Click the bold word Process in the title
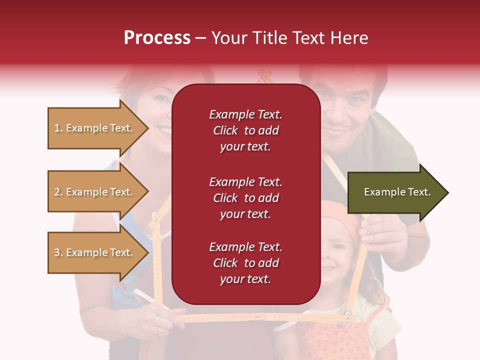(x=157, y=38)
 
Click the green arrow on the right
(x=397, y=192)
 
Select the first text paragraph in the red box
(x=245, y=130)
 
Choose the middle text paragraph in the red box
(x=245, y=198)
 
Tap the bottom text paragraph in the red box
(x=245, y=263)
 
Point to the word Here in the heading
(x=349, y=38)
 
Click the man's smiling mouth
(x=335, y=132)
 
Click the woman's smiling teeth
(x=163, y=130)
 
